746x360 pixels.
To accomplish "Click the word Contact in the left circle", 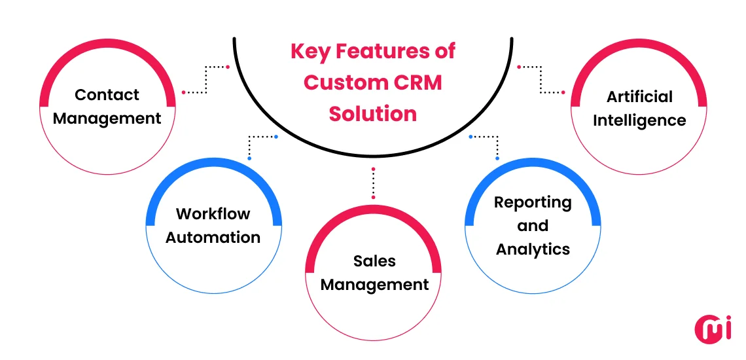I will point(107,95).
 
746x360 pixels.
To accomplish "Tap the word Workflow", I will point(213,214).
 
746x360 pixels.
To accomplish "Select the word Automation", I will point(213,238).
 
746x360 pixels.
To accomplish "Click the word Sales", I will point(374,261).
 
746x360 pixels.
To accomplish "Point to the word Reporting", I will point(533,202).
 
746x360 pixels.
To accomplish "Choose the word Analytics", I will point(533,249).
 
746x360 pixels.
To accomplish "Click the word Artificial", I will point(639,97).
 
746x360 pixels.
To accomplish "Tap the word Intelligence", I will point(639,120).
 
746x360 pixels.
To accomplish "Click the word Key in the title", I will point(311,51).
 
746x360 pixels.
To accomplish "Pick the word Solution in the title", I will point(373,114).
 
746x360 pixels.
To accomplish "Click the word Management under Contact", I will point(107,118).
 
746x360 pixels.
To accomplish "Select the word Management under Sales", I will point(374,285).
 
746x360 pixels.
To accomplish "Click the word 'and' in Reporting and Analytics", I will point(533,226).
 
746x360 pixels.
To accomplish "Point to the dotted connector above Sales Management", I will point(373,183).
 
